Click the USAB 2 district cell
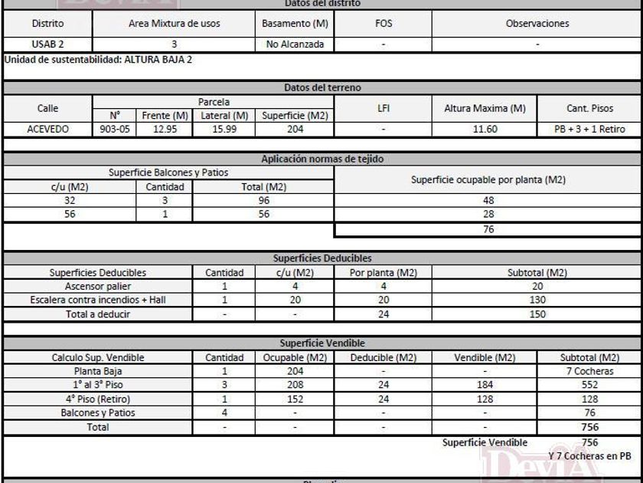(x=47, y=44)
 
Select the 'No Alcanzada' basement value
(x=295, y=44)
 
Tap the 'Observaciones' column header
(x=537, y=24)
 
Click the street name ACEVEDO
(x=47, y=130)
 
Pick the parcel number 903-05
(x=115, y=130)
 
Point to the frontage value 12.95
(x=165, y=130)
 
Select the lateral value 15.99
(x=224, y=130)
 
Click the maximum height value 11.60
(x=485, y=130)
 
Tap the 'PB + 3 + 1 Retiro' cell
(x=589, y=130)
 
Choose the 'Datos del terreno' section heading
(x=322, y=88)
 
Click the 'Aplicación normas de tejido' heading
(x=322, y=159)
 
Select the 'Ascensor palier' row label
(x=97, y=286)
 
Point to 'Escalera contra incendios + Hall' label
(x=97, y=300)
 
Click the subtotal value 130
(x=537, y=300)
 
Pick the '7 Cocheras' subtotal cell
(x=589, y=371)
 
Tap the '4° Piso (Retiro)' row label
(x=97, y=399)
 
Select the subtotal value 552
(x=589, y=385)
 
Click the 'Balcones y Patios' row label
(x=97, y=412)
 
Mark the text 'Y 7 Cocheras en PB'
(x=589, y=455)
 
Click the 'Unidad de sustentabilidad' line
(x=99, y=60)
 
